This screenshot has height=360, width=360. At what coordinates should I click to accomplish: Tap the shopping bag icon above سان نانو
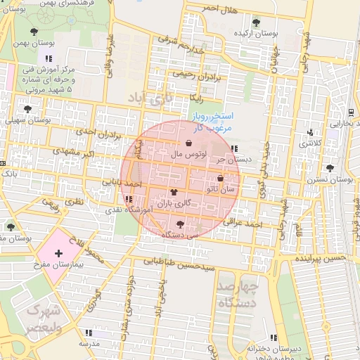coord(221,179)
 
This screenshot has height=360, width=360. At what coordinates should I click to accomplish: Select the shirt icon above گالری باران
coord(174,191)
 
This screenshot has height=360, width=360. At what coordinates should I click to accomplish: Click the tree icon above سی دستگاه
coord(180,225)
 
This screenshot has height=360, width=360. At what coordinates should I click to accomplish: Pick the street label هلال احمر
coord(217,7)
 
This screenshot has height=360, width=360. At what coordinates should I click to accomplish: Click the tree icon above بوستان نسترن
coord(330,168)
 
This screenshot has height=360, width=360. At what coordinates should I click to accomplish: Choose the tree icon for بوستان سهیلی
coord(27,109)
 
